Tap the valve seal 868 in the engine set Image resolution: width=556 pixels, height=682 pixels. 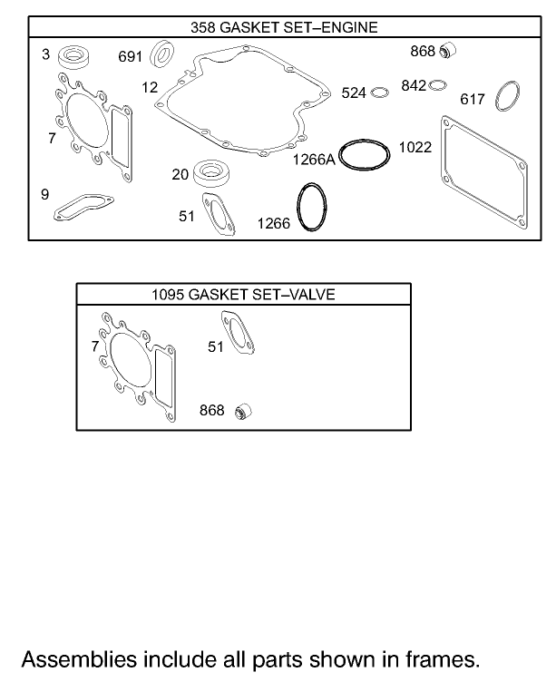445,51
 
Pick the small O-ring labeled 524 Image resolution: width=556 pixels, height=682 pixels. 381,92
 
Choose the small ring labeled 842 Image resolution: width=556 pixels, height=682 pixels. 438,85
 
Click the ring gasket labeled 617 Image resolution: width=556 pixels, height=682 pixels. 508,97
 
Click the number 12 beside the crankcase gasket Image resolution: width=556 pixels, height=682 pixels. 150,87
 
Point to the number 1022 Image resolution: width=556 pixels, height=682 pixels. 415,145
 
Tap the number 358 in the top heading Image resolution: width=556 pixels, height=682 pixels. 203,26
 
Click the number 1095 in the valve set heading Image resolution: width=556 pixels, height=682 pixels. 167,295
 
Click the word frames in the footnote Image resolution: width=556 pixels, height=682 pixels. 444,658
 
